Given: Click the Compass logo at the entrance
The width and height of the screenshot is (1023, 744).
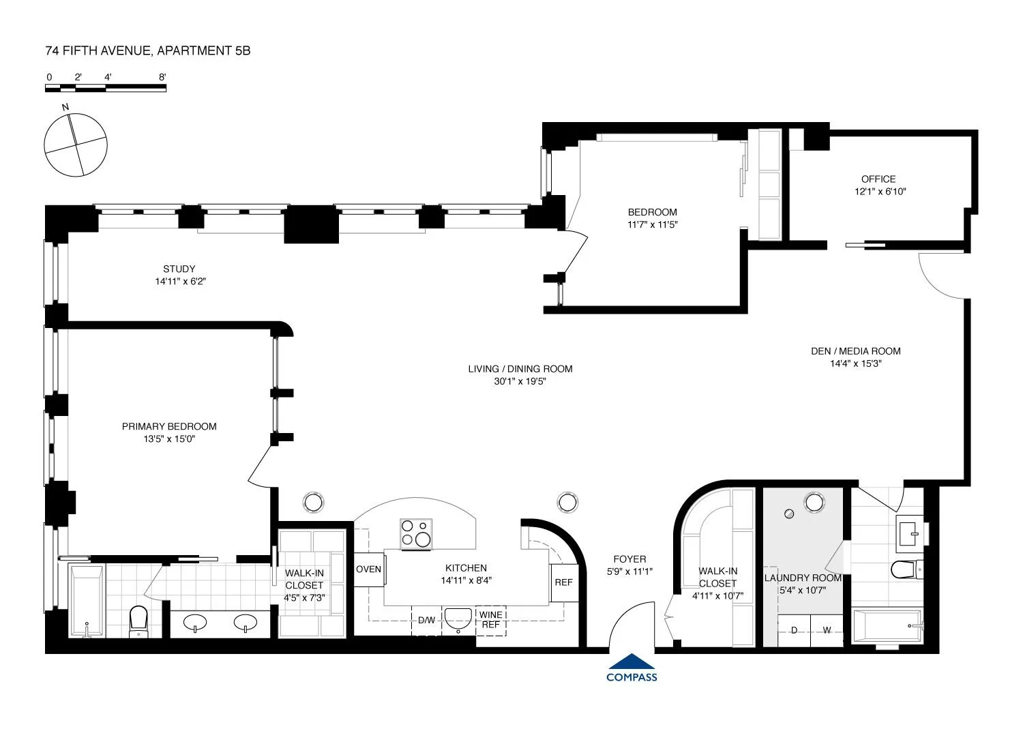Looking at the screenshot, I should point(632,668).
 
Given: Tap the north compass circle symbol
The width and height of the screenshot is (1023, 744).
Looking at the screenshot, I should point(75,144).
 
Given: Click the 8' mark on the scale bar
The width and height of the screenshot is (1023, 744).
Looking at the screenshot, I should point(162,77).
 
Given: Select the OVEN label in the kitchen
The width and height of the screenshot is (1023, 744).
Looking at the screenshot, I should point(368,569).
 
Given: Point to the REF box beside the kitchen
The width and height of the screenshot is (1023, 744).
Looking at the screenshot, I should point(563,583).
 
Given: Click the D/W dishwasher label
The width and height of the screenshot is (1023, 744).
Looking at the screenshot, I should point(426,621).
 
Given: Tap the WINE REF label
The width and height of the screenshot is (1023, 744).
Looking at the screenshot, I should point(491,620).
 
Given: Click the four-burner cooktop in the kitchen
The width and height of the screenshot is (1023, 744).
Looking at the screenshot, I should point(416,533).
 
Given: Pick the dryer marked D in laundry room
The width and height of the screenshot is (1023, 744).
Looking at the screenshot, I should point(794,630).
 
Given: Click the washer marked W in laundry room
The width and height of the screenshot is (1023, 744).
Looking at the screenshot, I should point(827,630).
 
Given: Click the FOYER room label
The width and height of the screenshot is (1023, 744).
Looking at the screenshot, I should point(629,559).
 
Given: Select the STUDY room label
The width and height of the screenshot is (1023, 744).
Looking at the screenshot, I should point(179,269).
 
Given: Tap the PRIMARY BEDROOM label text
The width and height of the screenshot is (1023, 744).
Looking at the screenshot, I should point(169,427).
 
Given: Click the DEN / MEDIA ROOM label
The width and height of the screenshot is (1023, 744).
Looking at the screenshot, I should point(855,351).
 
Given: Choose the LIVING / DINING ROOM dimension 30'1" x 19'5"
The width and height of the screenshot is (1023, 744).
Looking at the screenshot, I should point(520,382).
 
